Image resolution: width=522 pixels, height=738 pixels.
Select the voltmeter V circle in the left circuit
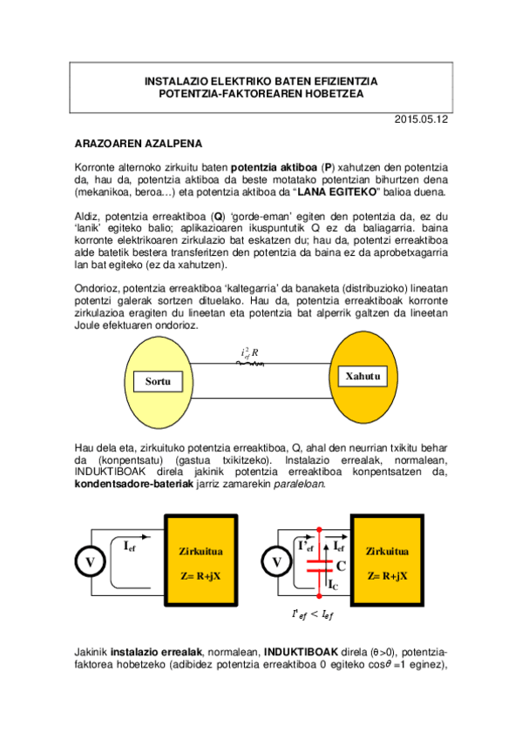tap(90, 562)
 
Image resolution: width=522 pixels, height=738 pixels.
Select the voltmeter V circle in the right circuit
tap(277, 562)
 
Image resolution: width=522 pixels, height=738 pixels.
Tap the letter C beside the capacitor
tap(341, 564)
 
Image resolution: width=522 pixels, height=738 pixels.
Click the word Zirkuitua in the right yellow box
tap(388, 551)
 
